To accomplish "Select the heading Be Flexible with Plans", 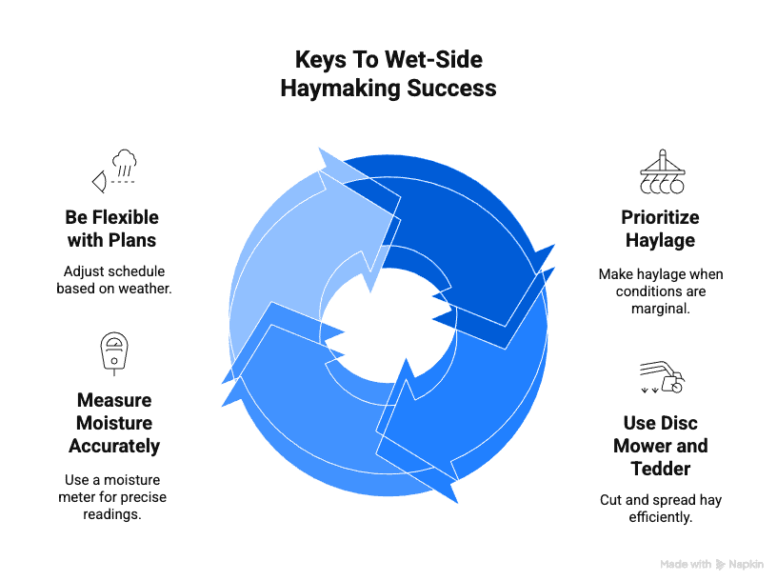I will [x=113, y=226].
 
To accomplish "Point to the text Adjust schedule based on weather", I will [x=113, y=279].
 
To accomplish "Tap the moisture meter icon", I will [x=113, y=353].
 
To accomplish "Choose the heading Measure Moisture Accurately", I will [x=113, y=423].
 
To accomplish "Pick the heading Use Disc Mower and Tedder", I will [x=660, y=445].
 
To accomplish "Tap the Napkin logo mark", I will [x=721, y=564].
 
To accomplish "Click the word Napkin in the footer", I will [x=746, y=564].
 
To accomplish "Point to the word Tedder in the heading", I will [x=660, y=469].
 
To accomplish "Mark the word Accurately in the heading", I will [x=113, y=446].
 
